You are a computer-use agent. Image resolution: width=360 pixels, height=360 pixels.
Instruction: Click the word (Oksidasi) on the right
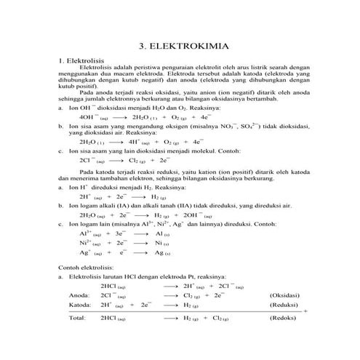click(286, 296)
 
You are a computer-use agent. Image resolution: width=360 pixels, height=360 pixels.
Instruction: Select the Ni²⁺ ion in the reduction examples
click(86, 243)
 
